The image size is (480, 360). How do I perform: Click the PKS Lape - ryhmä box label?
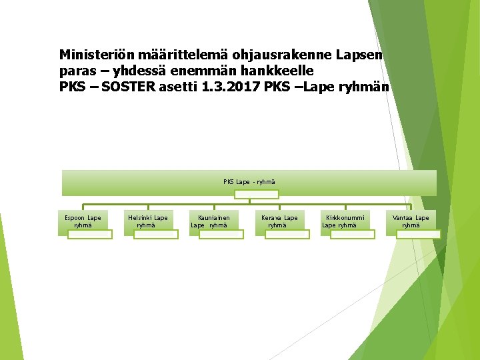tap(249, 181)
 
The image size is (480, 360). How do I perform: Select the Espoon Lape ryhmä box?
tap(83, 221)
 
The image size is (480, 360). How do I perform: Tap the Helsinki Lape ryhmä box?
tap(148, 221)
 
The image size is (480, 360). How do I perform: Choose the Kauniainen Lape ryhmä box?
tap(213, 221)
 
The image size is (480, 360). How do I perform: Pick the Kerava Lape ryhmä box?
tap(279, 221)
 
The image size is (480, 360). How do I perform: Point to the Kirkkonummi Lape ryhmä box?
tap(344, 221)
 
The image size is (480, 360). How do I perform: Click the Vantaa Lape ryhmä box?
tap(411, 221)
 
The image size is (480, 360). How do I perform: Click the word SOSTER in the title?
tap(129, 86)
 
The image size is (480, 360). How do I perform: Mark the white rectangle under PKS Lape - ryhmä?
tap(256, 194)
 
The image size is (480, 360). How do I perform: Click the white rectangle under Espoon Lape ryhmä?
tap(89, 234)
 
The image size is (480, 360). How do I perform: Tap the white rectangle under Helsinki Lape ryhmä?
tap(155, 234)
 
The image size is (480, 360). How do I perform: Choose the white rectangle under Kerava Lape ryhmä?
tap(287, 234)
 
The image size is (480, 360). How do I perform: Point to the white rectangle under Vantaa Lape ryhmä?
tap(418, 234)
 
